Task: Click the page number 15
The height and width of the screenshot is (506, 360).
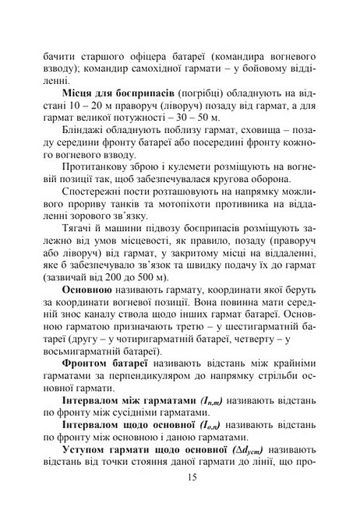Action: pyautogui.click(x=180, y=478)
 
